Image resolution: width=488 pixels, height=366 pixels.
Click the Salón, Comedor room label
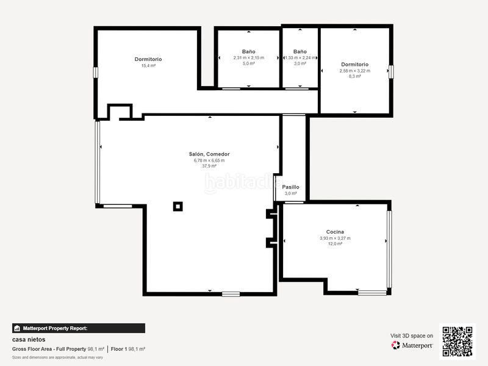[x=209, y=154]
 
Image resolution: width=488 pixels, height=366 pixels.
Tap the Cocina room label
[x=335, y=232]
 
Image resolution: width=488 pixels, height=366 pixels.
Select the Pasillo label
[x=291, y=187]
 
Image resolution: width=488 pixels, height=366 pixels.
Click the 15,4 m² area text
[x=148, y=66]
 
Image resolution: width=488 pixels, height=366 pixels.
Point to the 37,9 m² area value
[x=209, y=166]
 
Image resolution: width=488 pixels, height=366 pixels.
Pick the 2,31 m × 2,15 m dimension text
[x=249, y=57]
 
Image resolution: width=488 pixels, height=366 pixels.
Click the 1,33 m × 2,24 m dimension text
[x=300, y=57]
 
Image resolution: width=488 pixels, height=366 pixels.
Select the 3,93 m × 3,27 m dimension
[x=335, y=238]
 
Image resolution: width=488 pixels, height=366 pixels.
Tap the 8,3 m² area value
[x=355, y=76]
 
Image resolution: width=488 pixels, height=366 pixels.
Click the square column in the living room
[x=178, y=206]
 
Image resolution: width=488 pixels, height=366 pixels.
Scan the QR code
[x=457, y=342]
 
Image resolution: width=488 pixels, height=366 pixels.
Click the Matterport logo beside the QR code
[x=412, y=345]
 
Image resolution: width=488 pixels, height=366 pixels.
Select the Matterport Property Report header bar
[x=79, y=328]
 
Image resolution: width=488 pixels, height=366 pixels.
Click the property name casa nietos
[x=29, y=340]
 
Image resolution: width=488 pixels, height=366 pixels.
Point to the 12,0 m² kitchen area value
[x=335, y=244]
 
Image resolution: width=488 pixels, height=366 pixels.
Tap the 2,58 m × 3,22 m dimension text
[x=355, y=71]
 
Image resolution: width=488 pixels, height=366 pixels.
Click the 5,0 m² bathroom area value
[x=249, y=63]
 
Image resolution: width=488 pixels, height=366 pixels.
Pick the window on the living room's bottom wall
[x=231, y=294]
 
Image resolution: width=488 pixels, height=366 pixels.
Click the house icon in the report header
[x=17, y=328]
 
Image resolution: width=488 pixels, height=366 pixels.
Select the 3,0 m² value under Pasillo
[x=291, y=193]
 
